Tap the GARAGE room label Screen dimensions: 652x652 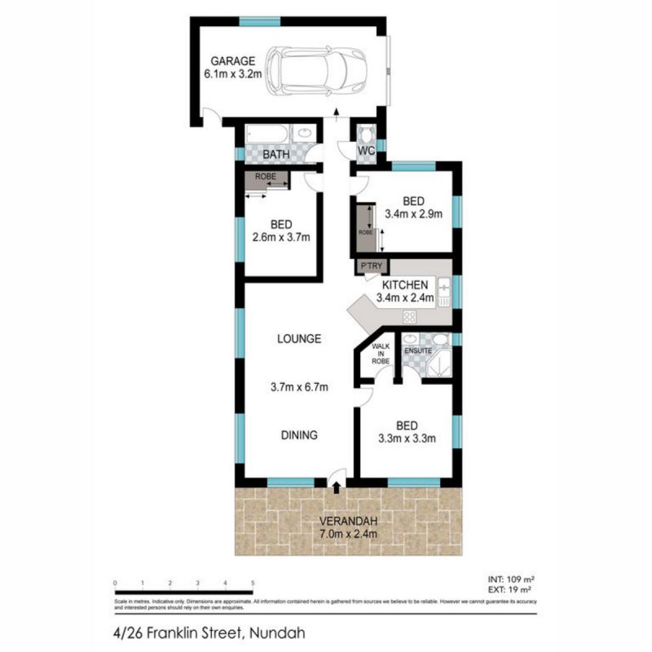pyautogui.click(x=233, y=61)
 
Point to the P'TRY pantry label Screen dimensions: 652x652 pyautogui.click(x=363, y=266)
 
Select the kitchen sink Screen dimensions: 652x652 pyautogui.click(x=444, y=287)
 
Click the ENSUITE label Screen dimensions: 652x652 pyautogui.click(x=417, y=351)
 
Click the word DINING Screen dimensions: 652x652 pyautogui.click(x=300, y=435)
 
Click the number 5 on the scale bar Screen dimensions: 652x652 pyautogui.click(x=253, y=583)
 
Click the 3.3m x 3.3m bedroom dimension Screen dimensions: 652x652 pyautogui.click(x=407, y=438)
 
